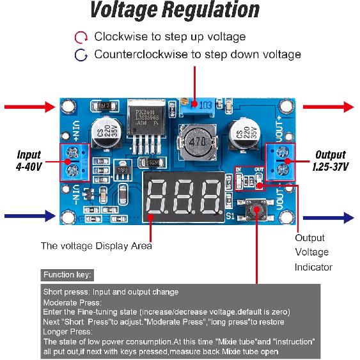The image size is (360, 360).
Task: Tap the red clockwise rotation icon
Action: pos(81,37)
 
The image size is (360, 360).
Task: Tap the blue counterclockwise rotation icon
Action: pos(81,54)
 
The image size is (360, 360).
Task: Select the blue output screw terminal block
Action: pos(282,161)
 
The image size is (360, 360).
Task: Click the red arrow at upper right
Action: pos(329,106)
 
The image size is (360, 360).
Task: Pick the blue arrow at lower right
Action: pos(329,218)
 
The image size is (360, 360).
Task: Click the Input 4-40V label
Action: pos(29,160)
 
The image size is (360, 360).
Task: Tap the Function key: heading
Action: pos(67,275)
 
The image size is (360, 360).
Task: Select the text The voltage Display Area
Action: pos(96,245)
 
